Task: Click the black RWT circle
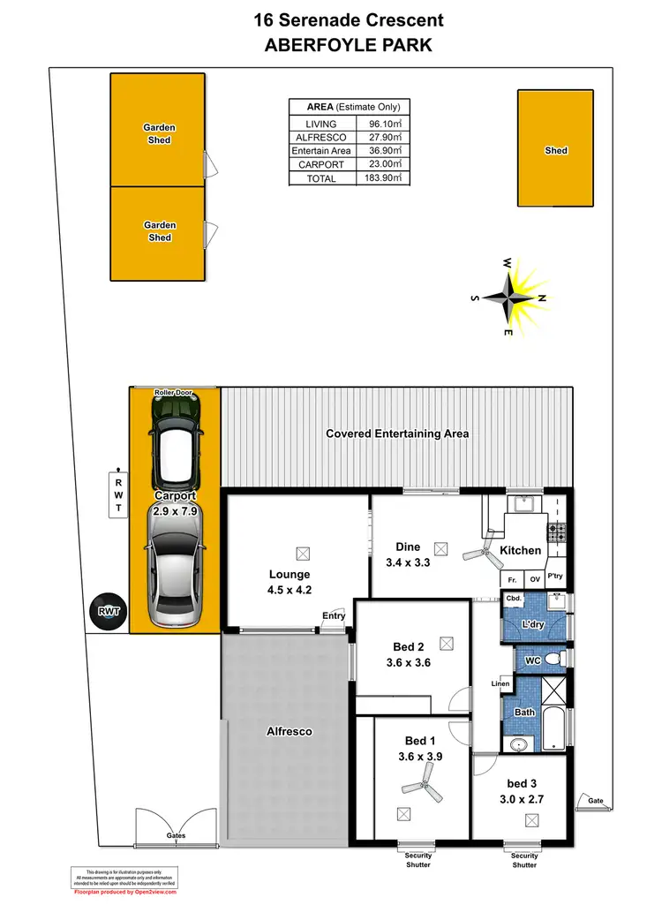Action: pos(109,611)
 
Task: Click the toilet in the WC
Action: pos(553,659)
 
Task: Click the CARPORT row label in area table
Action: pos(320,165)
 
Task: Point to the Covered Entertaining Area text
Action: pos(397,434)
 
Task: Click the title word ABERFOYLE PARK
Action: pos(349,46)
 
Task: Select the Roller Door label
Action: pos(174,392)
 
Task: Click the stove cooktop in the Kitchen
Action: pos(558,533)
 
